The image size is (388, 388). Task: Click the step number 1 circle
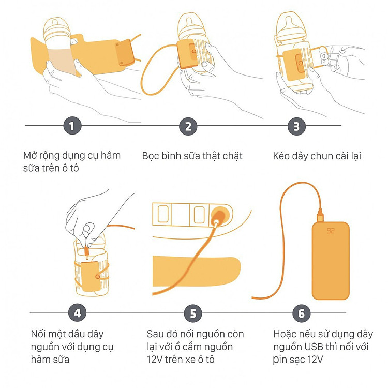(x=72, y=126)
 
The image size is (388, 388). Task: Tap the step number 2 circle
(x=188, y=126)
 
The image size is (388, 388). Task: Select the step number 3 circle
(x=296, y=126)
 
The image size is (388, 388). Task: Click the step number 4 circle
(x=78, y=313)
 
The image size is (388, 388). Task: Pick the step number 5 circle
(x=193, y=314)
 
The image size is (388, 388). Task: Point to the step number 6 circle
(x=302, y=314)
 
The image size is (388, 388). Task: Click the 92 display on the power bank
(x=331, y=231)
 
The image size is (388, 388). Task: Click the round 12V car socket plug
(x=219, y=215)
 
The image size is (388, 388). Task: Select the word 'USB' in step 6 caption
(x=314, y=347)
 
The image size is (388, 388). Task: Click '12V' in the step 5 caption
(x=155, y=360)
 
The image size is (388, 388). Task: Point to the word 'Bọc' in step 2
(x=150, y=156)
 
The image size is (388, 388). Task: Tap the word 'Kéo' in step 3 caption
(x=281, y=156)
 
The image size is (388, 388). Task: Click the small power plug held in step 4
(x=86, y=252)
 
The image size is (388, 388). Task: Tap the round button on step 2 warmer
(x=194, y=51)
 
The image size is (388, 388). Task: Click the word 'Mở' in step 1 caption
(x=29, y=155)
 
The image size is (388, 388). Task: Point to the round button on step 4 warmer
(x=98, y=277)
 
